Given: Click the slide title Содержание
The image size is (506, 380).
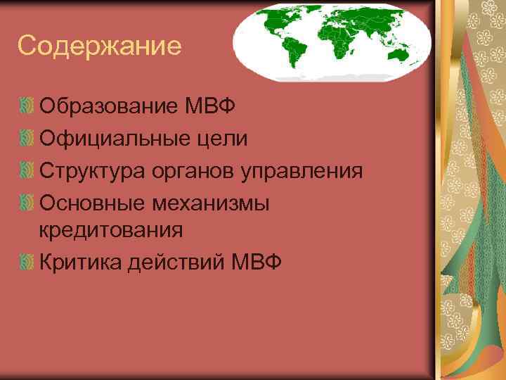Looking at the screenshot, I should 100,46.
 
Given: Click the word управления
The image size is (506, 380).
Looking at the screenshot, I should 303,170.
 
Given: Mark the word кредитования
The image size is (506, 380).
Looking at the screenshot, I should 111,229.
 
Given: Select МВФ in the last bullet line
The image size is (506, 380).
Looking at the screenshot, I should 255,262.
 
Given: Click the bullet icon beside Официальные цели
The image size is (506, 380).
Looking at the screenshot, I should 27,139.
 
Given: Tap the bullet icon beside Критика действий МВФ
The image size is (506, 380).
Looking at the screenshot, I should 27,262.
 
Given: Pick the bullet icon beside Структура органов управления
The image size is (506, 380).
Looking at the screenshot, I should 27,170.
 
